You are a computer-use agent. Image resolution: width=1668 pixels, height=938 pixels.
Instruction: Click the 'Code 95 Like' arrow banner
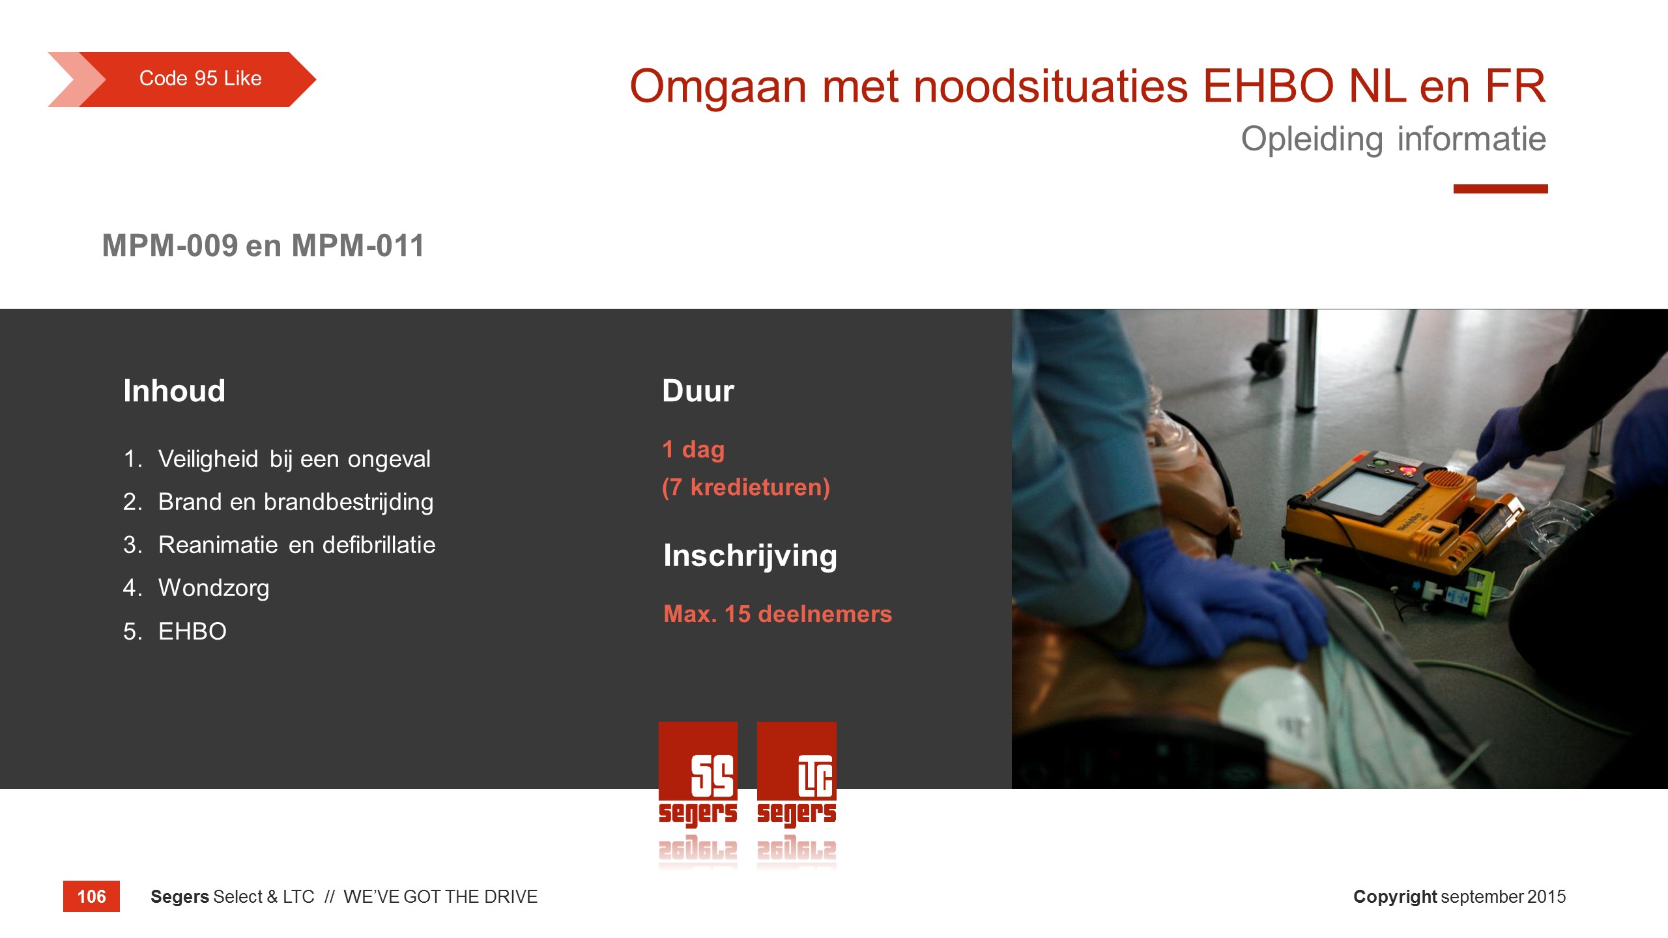tap(182, 79)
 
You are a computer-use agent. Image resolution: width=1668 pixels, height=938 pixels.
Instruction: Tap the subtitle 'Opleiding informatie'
tap(1393, 139)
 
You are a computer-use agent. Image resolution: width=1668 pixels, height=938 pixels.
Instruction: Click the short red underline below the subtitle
tap(1501, 189)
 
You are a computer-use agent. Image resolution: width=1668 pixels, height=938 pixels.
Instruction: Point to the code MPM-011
tap(358, 246)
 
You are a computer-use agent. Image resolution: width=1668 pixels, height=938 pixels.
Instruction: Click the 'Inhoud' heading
tap(174, 391)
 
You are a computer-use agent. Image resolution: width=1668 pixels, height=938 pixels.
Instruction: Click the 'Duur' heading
tap(698, 391)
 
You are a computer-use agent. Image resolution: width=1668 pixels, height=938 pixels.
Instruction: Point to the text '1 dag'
tap(693, 449)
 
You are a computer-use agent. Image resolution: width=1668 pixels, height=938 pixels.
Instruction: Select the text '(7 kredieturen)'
tap(746, 487)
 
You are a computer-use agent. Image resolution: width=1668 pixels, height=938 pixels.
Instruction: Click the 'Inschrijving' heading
tap(750, 556)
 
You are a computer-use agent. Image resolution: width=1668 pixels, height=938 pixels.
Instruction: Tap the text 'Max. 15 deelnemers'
tap(777, 614)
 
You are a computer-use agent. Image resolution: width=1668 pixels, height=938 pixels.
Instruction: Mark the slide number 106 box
tap(91, 896)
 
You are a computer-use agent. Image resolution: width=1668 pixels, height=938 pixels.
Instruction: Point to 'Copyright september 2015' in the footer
tap(1459, 897)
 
